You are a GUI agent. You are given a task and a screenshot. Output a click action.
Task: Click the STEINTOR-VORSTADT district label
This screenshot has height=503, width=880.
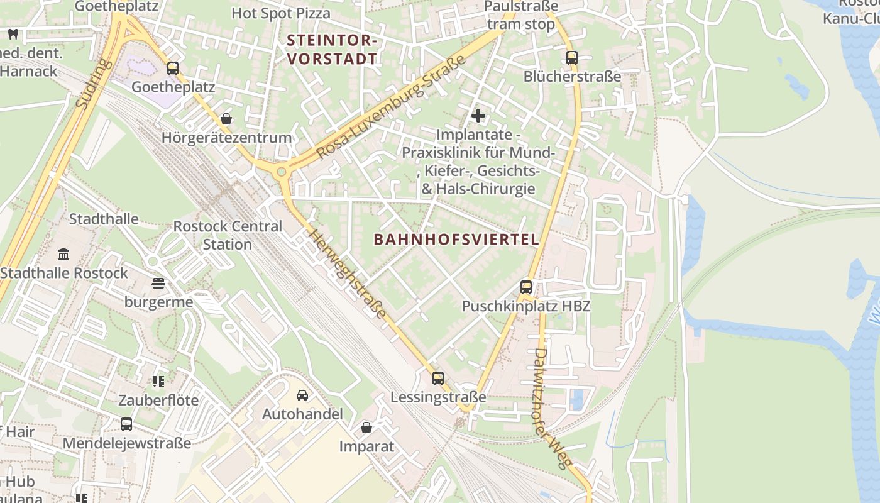(332, 50)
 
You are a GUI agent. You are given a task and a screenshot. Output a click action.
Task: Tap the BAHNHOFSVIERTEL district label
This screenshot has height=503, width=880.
(456, 240)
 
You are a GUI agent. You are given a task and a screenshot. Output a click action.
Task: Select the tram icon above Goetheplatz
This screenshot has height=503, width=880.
(173, 69)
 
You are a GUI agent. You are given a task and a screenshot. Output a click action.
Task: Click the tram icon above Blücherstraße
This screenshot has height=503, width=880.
(571, 58)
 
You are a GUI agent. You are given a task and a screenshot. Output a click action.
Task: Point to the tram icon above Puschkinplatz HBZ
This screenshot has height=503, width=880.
(526, 287)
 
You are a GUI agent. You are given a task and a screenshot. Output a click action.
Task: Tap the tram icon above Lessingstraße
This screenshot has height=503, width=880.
(438, 379)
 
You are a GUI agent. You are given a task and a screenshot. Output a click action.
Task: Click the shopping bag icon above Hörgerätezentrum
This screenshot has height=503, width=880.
(226, 119)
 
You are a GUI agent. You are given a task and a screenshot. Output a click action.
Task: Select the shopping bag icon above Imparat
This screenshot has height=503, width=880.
(366, 428)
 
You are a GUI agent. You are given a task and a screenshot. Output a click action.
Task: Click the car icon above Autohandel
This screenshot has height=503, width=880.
(302, 395)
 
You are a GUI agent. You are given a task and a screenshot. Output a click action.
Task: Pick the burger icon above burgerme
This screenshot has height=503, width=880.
(158, 284)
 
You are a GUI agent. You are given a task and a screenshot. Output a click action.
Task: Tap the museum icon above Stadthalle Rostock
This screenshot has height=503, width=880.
(63, 255)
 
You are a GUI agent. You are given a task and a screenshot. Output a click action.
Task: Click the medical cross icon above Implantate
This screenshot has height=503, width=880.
(478, 116)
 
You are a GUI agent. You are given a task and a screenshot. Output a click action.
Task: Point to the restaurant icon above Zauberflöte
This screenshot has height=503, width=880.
(158, 382)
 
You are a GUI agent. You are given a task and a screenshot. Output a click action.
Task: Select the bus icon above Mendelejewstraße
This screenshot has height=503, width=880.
(126, 424)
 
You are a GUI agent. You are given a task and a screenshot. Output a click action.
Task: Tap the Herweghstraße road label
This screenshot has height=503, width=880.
(347, 273)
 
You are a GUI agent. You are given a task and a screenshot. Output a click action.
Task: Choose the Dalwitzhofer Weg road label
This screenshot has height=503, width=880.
(554, 409)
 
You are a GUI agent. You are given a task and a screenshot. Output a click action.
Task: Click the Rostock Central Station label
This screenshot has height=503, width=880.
(227, 235)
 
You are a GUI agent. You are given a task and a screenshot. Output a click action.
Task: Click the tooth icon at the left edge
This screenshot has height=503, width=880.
(13, 35)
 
